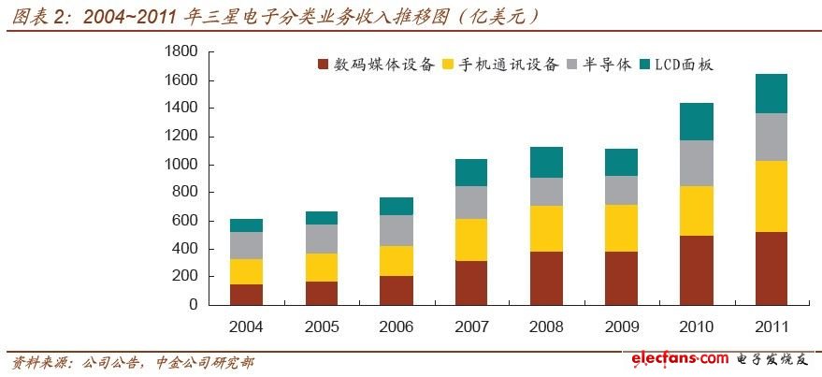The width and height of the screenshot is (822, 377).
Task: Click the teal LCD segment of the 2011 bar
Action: pos(771,94)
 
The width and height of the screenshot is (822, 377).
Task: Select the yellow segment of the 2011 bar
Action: pos(771,196)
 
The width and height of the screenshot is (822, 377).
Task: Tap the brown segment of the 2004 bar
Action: pos(247,294)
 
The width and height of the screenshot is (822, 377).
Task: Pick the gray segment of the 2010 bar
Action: pos(696,163)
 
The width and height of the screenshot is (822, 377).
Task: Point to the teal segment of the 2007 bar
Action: pos(471,172)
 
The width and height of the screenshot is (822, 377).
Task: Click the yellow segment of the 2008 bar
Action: pos(546,228)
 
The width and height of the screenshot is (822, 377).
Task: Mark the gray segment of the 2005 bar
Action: pos(322,239)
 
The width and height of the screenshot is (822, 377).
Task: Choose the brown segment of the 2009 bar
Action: pos(621,278)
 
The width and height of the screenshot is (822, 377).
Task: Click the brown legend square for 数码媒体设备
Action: pos(324,65)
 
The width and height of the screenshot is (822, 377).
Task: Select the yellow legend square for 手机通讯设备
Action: pos(448,65)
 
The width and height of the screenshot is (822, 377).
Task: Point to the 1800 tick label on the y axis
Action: pos(180,52)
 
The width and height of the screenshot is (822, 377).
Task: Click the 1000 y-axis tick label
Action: pos(180,165)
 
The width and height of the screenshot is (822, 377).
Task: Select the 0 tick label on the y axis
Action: pos(192,305)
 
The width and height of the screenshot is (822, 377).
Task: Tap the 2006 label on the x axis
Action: pos(397,326)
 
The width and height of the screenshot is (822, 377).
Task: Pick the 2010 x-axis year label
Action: pos(696,326)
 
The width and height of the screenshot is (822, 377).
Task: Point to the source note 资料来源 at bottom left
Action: pos(131,362)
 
